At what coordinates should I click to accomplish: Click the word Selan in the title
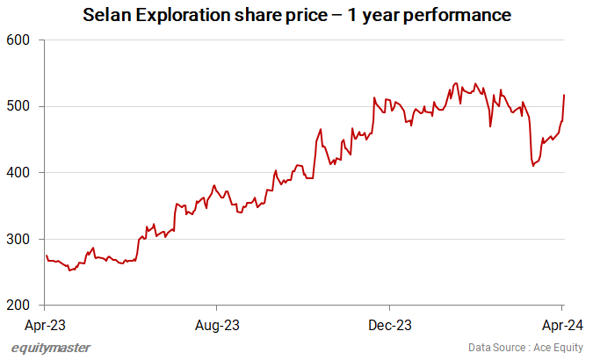tap(108, 16)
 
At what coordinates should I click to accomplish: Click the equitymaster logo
tap(51, 348)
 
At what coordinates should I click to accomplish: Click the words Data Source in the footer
tap(493, 348)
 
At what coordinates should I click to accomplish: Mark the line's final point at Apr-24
tap(563, 95)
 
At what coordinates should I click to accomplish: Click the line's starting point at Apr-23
tap(46, 256)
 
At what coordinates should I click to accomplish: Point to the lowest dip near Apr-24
tap(533, 166)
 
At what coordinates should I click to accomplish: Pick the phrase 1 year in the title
tap(375, 16)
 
